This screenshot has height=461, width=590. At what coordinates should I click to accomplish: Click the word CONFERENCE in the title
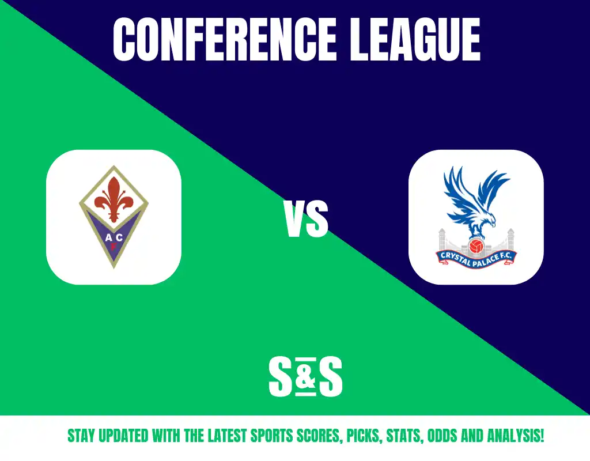coord(225,39)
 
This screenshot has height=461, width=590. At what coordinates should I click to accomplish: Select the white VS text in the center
coord(307,219)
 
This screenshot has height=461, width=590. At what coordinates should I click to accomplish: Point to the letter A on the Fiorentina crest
coord(108,237)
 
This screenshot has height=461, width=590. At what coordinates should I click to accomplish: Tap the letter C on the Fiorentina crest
coord(119,237)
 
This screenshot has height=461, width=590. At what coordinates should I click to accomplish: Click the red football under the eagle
coord(476,246)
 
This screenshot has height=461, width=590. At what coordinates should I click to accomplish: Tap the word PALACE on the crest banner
coord(486,260)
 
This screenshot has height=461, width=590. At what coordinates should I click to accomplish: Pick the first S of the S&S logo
coord(281,377)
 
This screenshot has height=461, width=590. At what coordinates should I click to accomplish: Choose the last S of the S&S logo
coord(330,377)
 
